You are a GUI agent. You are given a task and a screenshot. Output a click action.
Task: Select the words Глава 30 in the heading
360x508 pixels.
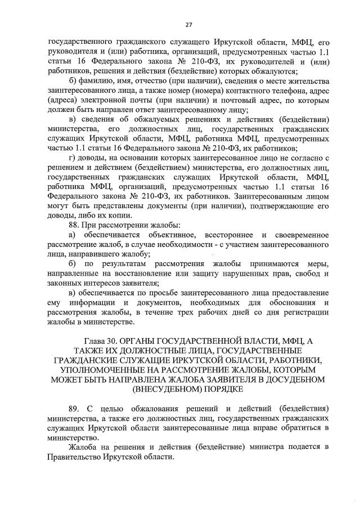(101, 341)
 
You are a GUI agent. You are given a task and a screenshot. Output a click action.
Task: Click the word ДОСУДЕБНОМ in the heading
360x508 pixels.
(299, 379)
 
